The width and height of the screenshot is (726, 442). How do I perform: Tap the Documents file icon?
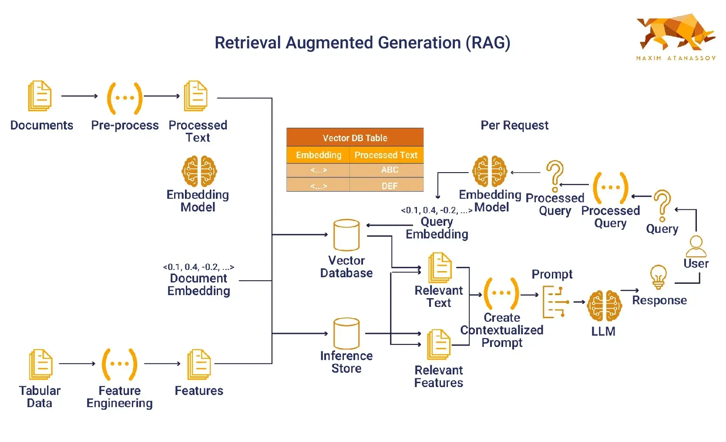pyautogui.click(x=40, y=96)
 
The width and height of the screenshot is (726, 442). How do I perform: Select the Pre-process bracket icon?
pyautogui.click(x=125, y=98)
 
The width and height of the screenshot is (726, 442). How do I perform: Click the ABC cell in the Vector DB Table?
pyautogui.click(x=389, y=170)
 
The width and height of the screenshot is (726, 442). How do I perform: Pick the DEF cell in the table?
pyautogui.click(x=389, y=186)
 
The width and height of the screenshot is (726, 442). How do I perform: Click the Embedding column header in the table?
pyautogui.click(x=319, y=155)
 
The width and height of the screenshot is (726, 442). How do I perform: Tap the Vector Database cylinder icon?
pyautogui.click(x=346, y=235)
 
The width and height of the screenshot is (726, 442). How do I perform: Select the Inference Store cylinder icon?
pyautogui.click(x=346, y=333)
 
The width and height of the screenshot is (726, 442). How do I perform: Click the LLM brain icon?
pyautogui.click(x=604, y=306)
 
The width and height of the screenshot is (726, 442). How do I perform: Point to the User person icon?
pyautogui.click(x=696, y=246)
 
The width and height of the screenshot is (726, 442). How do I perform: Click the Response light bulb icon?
pyautogui.click(x=659, y=277)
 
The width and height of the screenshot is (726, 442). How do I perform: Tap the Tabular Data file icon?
pyautogui.click(x=40, y=364)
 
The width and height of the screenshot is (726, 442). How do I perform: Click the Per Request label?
pyautogui.click(x=514, y=126)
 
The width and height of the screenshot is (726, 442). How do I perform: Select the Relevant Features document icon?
pyautogui.click(x=439, y=344)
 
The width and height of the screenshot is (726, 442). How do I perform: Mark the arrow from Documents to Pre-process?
pyautogui.click(x=80, y=96)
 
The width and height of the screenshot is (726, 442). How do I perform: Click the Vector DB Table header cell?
pyautogui.click(x=355, y=138)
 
